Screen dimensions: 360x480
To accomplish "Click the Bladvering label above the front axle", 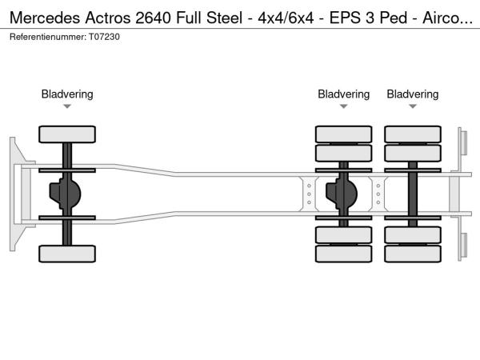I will (x=67, y=94).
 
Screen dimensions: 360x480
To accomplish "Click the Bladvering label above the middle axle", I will (x=343, y=94).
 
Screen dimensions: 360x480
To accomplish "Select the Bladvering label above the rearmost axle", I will (x=413, y=94).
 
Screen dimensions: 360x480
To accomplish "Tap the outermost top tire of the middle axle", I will (x=343, y=134).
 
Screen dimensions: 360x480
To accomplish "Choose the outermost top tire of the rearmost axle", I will (x=413, y=134).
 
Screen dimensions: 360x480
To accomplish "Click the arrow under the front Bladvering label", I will (x=67, y=106).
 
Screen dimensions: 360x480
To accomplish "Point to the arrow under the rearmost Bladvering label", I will (x=413, y=106).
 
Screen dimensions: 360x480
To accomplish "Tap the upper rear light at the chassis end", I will (x=462, y=143).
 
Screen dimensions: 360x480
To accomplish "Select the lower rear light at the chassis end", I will (x=462, y=244).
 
